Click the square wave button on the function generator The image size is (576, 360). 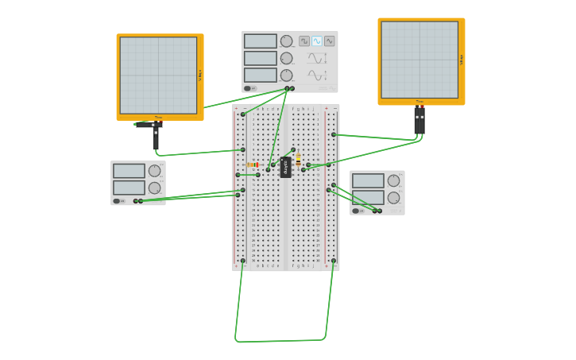click(304, 41)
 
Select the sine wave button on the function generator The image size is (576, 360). click(317, 41)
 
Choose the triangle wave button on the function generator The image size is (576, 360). click(329, 41)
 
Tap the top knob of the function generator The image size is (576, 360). click(286, 41)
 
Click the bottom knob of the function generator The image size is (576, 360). click(286, 75)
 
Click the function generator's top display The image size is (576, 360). click(260, 41)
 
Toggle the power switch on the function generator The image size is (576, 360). click(249, 88)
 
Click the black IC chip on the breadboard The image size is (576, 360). click(285, 168)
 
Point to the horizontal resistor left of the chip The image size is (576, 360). click(253, 165)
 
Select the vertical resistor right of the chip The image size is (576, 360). click(298, 159)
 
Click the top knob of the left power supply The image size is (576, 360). click(154, 171)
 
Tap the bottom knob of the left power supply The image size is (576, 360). click(154, 188)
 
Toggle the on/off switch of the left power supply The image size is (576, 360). click(117, 201)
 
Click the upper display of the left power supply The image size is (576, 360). click(129, 171)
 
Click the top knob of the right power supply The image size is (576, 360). click(393, 180)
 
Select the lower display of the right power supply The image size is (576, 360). click(368, 197)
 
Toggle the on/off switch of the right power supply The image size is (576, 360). click(356, 211)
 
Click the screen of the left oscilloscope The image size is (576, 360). click(158, 75)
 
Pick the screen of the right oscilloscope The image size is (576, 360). click(419, 60)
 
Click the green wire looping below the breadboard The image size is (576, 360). click(278, 341)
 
